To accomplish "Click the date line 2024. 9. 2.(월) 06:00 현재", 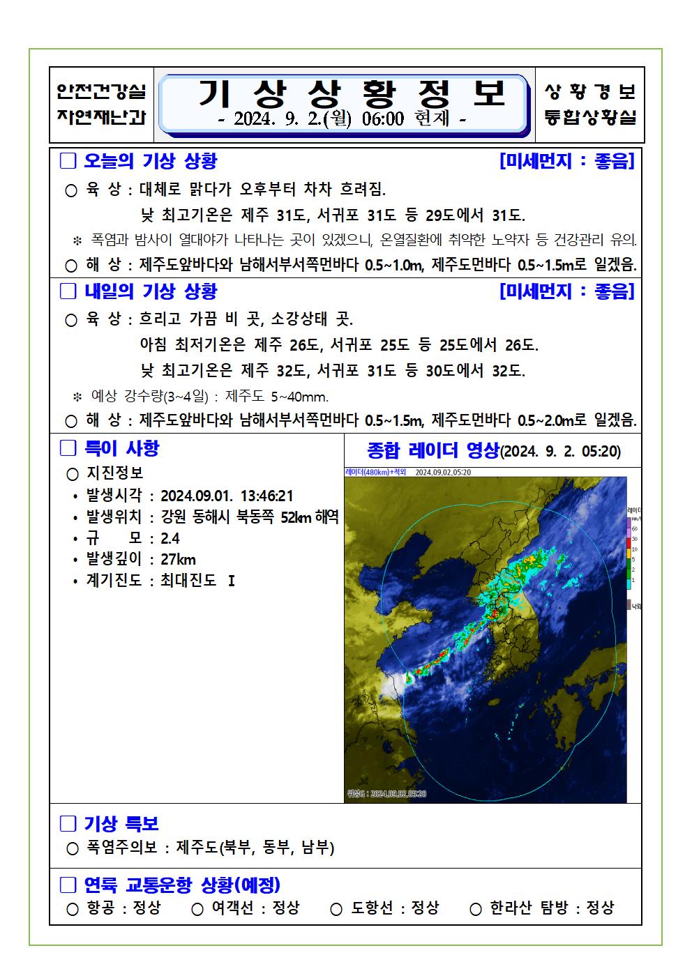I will point(342,119).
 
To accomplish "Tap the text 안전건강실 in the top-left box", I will point(102,91).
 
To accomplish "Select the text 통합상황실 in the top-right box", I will point(589,116).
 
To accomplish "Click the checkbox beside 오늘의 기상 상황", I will point(68,161).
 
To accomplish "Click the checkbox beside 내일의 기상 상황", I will point(68,291).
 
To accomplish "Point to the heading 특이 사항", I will point(121,448).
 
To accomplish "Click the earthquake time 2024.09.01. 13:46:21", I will point(227,496).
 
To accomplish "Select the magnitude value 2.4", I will point(170,538).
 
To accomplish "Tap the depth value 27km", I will point(178,559).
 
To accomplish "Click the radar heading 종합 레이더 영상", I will point(433,450).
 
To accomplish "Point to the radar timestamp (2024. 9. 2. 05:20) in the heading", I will point(561,452).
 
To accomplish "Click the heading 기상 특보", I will point(121,824).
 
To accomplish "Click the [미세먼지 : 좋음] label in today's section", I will point(566,161).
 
